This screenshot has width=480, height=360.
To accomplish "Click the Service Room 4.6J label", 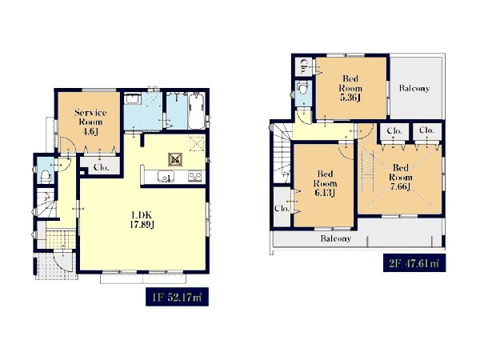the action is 90,122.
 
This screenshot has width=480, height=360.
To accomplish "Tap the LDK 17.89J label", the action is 142,220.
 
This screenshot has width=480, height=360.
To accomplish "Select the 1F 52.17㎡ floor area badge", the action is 177,297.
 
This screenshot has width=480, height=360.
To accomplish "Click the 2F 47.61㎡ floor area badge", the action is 414,262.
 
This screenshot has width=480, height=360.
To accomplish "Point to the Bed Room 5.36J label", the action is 350,88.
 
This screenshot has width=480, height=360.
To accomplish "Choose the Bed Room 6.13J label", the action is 325,183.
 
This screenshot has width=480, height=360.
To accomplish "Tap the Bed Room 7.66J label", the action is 401,178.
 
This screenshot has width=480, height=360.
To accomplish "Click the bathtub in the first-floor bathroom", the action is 196,112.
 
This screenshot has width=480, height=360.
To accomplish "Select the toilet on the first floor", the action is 46,176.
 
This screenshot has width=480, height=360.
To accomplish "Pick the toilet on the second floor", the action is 302,89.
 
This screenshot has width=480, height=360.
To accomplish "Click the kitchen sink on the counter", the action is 166,177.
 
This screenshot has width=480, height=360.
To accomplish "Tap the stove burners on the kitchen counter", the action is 195,176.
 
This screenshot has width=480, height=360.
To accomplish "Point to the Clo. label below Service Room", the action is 101,167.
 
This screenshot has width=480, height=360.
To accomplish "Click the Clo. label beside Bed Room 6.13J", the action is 282,209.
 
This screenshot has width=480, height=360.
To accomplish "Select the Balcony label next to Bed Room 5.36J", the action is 414,88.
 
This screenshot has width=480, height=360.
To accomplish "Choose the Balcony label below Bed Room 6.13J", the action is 335,238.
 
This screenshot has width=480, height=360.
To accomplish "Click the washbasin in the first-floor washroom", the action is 133,98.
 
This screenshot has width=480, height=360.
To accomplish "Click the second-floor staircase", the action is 282,153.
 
